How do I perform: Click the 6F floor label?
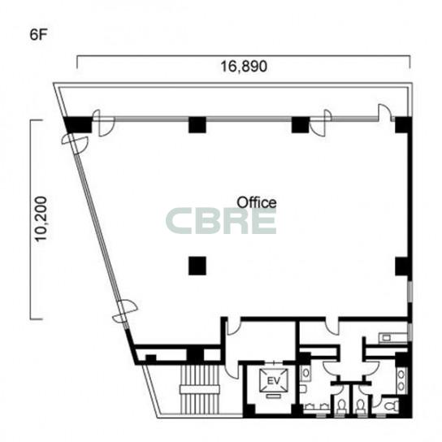coord(38,35)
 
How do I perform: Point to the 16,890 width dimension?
coord(244,67)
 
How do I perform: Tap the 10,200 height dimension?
coord(41,219)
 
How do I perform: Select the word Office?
coord(257,202)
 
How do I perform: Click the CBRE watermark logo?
coord(221,221)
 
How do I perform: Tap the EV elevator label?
coord(274,381)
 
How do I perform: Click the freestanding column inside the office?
coord(197,266)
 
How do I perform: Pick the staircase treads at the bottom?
coord(200,389)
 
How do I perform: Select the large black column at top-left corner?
coord(77,124)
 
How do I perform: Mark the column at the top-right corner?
coord(403,124)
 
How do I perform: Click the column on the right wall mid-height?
coord(403,266)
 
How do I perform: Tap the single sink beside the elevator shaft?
coord(305,374)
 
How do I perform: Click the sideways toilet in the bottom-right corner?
coord(392,406)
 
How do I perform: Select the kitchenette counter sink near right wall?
coord(387,337)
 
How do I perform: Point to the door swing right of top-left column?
coord(104,123)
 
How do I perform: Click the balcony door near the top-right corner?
coord(385,112)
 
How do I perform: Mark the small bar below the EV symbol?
coord(273,396)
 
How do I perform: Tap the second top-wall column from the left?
coord(197,124)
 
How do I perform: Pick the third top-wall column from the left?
coord(301,124)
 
